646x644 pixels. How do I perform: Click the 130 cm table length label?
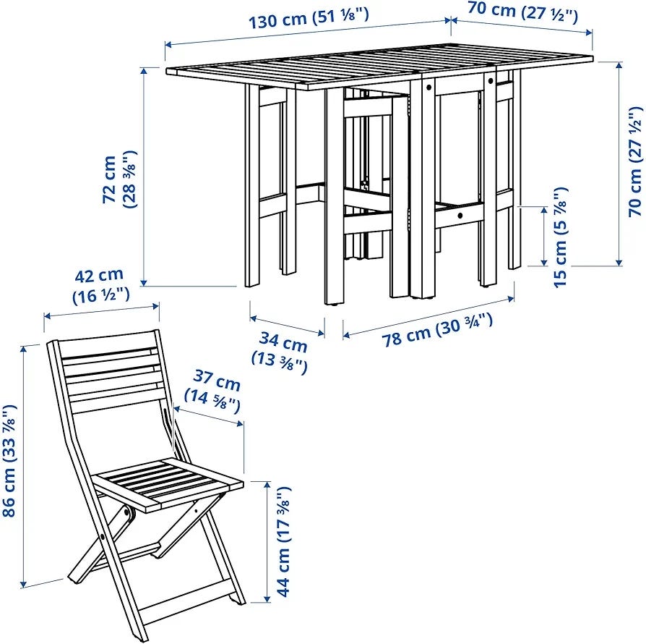(x=308, y=18)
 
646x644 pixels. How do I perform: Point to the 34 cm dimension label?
(x=281, y=352)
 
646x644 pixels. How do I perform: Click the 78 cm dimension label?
(x=436, y=331)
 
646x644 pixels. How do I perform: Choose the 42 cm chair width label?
(x=100, y=285)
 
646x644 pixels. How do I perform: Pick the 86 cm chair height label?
(x=9, y=460)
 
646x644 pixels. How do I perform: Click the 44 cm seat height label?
(x=283, y=542)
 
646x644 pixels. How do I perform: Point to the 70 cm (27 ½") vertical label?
(x=635, y=161)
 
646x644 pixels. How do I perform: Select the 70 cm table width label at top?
(x=523, y=12)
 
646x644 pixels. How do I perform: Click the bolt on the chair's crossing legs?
(x=102, y=536)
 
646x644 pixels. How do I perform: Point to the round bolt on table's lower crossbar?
(x=460, y=215)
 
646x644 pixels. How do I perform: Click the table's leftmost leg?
(x=252, y=186)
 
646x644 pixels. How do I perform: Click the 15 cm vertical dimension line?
(x=544, y=236)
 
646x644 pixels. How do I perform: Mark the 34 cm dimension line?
(x=287, y=326)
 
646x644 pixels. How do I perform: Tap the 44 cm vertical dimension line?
(x=268, y=542)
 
